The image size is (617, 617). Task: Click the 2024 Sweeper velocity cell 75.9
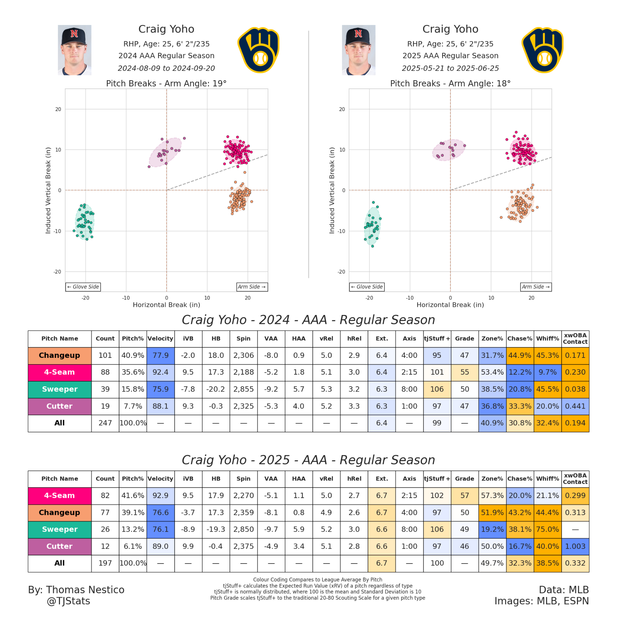coord(160,389)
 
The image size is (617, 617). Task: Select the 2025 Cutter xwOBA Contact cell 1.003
coord(575,546)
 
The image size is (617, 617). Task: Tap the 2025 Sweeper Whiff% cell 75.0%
coord(547,529)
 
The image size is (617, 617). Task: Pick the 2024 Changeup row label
coord(59,355)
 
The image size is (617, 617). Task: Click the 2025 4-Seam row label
coord(59,495)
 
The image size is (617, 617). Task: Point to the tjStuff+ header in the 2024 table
coord(437,338)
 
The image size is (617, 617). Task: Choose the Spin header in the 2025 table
coord(243,479)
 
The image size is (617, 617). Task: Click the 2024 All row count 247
coord(105,423)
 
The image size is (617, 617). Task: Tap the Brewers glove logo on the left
coord(259,50)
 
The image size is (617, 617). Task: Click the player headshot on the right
coord(359,50)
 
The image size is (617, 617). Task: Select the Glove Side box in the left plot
coord(83,287)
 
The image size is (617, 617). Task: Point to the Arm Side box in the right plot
coord(536,287)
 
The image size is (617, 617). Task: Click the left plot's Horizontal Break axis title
coord(166,305)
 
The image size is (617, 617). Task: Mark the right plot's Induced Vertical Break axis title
coord(331,190)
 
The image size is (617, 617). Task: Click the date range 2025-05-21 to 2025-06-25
coord(450,68)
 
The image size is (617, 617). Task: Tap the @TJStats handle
coord(68,601)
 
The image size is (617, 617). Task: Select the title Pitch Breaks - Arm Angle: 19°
coord(166,83)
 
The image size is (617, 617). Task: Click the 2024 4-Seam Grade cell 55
coord(464,372)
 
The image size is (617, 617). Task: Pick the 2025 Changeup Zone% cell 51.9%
coord(492,512)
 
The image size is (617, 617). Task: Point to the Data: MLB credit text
coord(564,590)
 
